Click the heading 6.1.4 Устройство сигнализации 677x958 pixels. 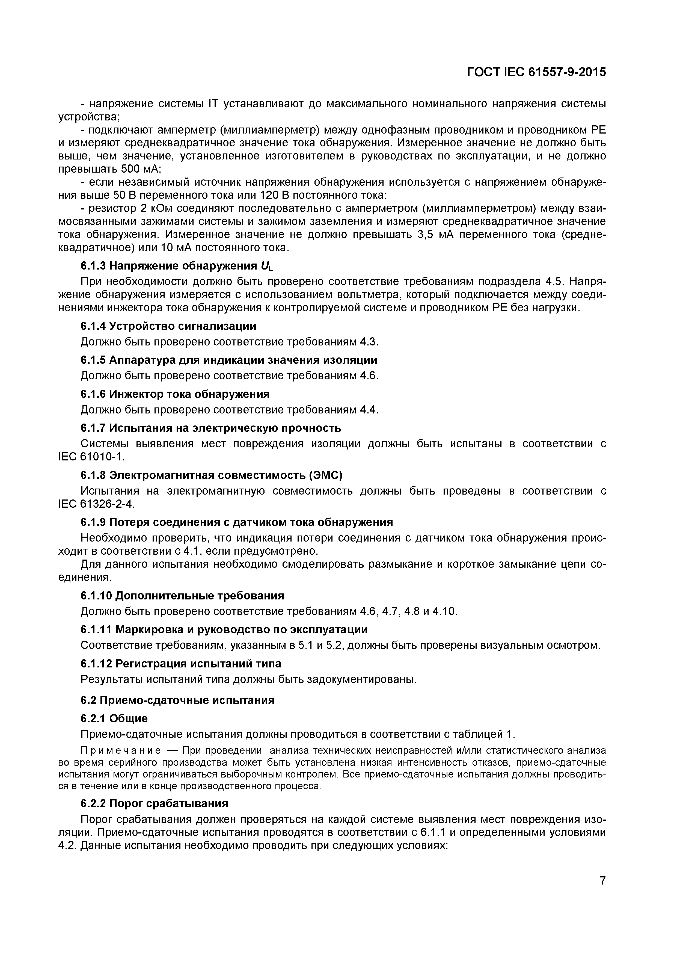coord(168,326)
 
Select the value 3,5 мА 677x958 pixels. coord(435,235)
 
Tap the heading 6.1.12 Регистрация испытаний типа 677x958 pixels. coord(181,663)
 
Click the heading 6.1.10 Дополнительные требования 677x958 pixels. coord(182,595)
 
